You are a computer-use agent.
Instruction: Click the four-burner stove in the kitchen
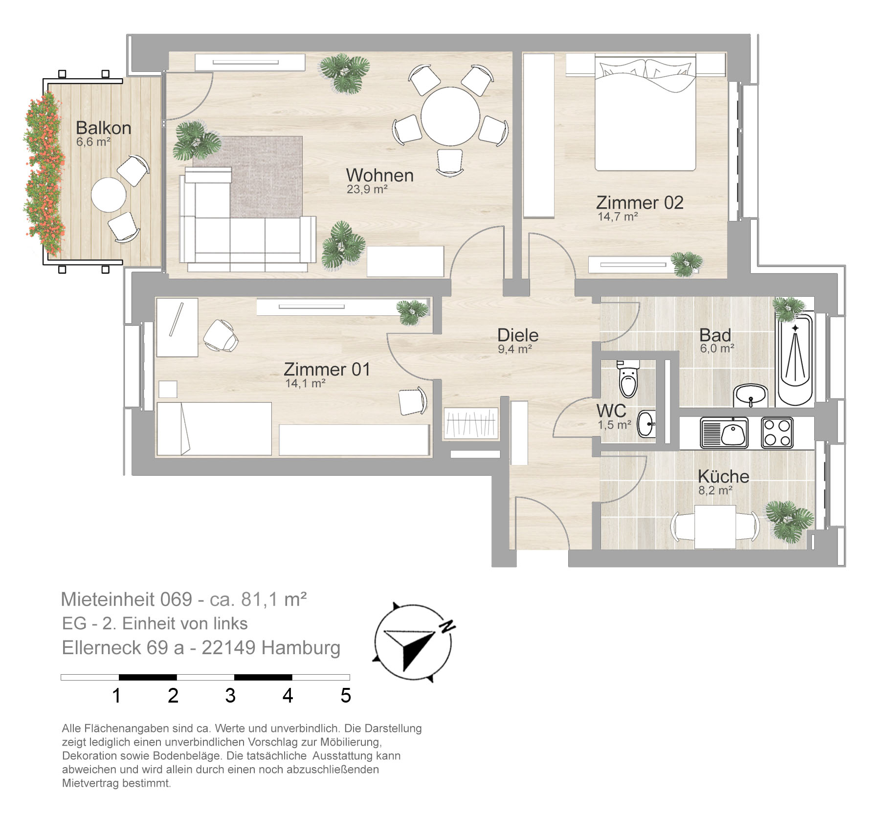(x=777, y=433)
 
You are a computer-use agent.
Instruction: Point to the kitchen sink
(x=724, y=433)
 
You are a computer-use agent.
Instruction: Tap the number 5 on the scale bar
(x=346, y=696)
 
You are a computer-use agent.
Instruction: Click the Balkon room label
(x=104, y=128)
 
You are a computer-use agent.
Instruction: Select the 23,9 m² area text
(x=367, y=189)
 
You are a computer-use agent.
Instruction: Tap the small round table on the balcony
(x=109, y=195)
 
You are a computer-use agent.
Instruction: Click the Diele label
(x=518, y=335)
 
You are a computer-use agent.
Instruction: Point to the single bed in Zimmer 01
(x=214, y=429)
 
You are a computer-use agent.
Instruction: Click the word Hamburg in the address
(x=301, y=648)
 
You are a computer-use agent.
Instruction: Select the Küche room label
(x=723, y=476)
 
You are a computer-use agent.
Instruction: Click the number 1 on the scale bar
(x=116, y=696)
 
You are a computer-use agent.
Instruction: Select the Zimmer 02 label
(x=640, y=202)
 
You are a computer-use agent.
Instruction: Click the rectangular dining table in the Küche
(x=715, y=528)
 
